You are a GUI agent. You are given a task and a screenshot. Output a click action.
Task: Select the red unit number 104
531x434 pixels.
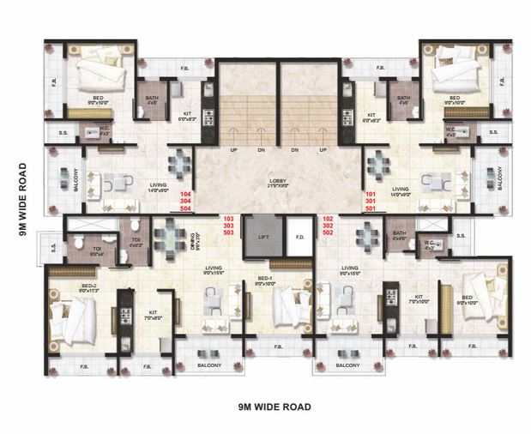pyautogui.click(x=184, y=195)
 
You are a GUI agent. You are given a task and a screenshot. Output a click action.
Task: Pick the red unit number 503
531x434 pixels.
pyautogui.click(x=227, y=232)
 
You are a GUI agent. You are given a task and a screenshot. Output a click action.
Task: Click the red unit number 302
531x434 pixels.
pyautogui.click(x=328, y=226)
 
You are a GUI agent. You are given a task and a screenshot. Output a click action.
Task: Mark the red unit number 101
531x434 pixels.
pyautogui.click(x=371, y=195)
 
